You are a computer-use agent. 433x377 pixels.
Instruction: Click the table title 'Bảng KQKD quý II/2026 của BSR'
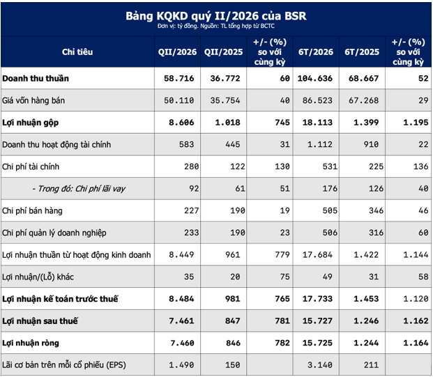point(216,16)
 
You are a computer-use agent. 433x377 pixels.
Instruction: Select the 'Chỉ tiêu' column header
point(77,52)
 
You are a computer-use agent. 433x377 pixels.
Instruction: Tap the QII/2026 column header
point(177,52)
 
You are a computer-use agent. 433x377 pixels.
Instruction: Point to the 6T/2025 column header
point(362,52)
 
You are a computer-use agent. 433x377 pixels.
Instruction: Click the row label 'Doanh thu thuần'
point(36,78)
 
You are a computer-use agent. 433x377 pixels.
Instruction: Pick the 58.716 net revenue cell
point(179,78)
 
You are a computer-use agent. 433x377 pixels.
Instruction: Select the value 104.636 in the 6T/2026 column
point(314,78)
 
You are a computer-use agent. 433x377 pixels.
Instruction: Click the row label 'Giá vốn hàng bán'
point(33,100)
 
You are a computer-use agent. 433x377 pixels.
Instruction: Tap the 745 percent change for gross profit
point(282,122)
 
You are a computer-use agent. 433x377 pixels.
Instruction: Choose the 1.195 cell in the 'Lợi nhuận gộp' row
point(416,122)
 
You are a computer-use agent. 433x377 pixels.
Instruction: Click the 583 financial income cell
point(186,144)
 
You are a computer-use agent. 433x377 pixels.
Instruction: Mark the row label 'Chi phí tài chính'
point(31,167)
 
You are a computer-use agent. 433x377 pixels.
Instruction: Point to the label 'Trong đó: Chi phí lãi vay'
point(79,189)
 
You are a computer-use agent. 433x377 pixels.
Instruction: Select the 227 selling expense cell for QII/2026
point(191,210)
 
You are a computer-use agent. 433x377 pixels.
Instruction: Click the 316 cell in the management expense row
point(376,233)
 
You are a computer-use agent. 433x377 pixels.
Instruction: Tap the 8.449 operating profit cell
point(181,254)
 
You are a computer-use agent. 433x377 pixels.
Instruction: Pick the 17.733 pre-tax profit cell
point(317,299)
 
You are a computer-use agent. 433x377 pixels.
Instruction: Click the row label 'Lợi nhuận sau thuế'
point(40,321)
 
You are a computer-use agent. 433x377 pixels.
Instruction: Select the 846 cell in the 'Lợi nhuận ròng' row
point(233,343)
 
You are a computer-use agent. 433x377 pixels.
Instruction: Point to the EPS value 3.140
point(320,365)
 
